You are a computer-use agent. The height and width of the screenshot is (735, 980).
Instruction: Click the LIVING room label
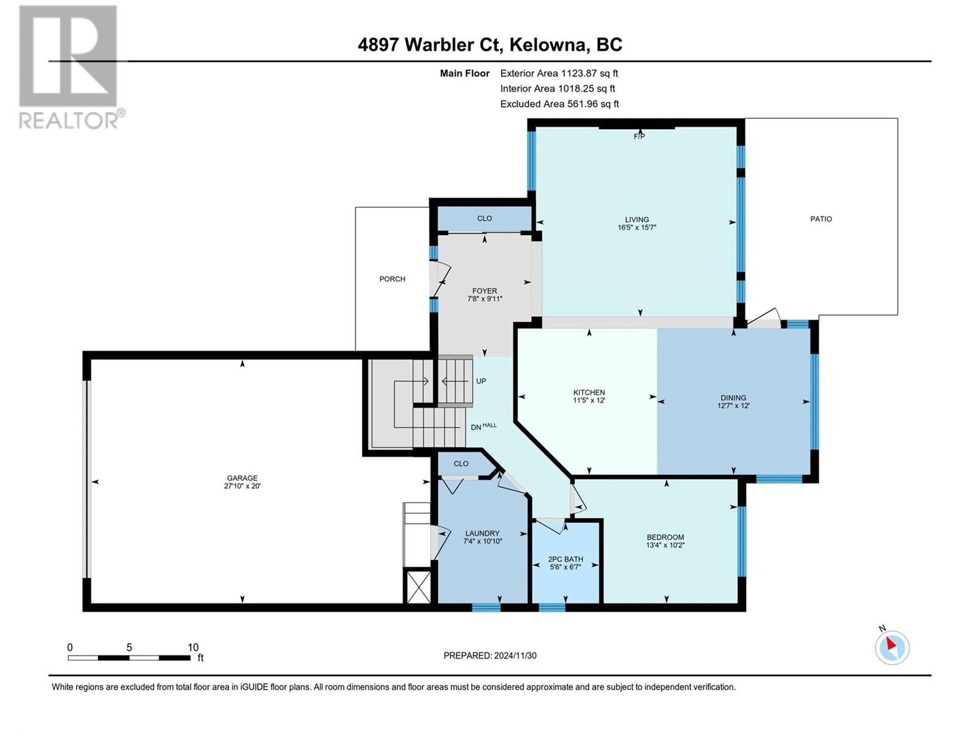pyautogui.click(x=636, y=219)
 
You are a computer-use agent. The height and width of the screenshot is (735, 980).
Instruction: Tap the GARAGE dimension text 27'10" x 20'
pyautogui.click(x=242, y=486)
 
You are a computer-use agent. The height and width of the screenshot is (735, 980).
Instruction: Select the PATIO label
pyautogui.click(x=821, y=219)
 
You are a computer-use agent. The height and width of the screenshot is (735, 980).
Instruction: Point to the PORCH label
pyautogui.click(x=392, y=279)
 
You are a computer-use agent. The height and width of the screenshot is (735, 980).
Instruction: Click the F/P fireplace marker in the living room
pyautogui.click(x=639, y=136)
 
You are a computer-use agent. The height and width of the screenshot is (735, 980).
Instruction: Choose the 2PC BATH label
pyautogui.click(x=565, y=559)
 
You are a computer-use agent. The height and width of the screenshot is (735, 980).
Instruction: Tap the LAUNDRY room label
pyautogui.click(x=482, y=533)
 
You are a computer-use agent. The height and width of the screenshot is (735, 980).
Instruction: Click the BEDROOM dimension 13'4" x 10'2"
pyautogui.click(x=665, y=545)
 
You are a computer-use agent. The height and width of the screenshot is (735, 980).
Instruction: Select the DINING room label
pyautogui.click(x=733, y=398)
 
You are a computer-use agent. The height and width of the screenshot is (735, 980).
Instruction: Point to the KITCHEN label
pyautogui.click(x=589, y=393)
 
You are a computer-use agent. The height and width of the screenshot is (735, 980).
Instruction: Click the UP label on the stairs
pyautogui.click(x=481, y=381)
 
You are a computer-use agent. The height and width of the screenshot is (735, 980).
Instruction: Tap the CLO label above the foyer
pyautogui.click(x=484, y=218)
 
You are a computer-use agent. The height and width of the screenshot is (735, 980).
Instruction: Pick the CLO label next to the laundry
pyautogui.click(x=461, y=464)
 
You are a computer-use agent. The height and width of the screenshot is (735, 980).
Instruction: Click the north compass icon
pyautogui.click(x=892, y=647)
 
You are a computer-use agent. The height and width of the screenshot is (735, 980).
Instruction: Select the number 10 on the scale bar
pyautogui.click(x=193, y=647)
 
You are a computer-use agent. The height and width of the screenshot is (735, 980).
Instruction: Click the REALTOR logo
pyautogui.click(x=69, y=67)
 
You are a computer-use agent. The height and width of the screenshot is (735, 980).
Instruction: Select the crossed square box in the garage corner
pyautogui.click(x=419, y=587)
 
